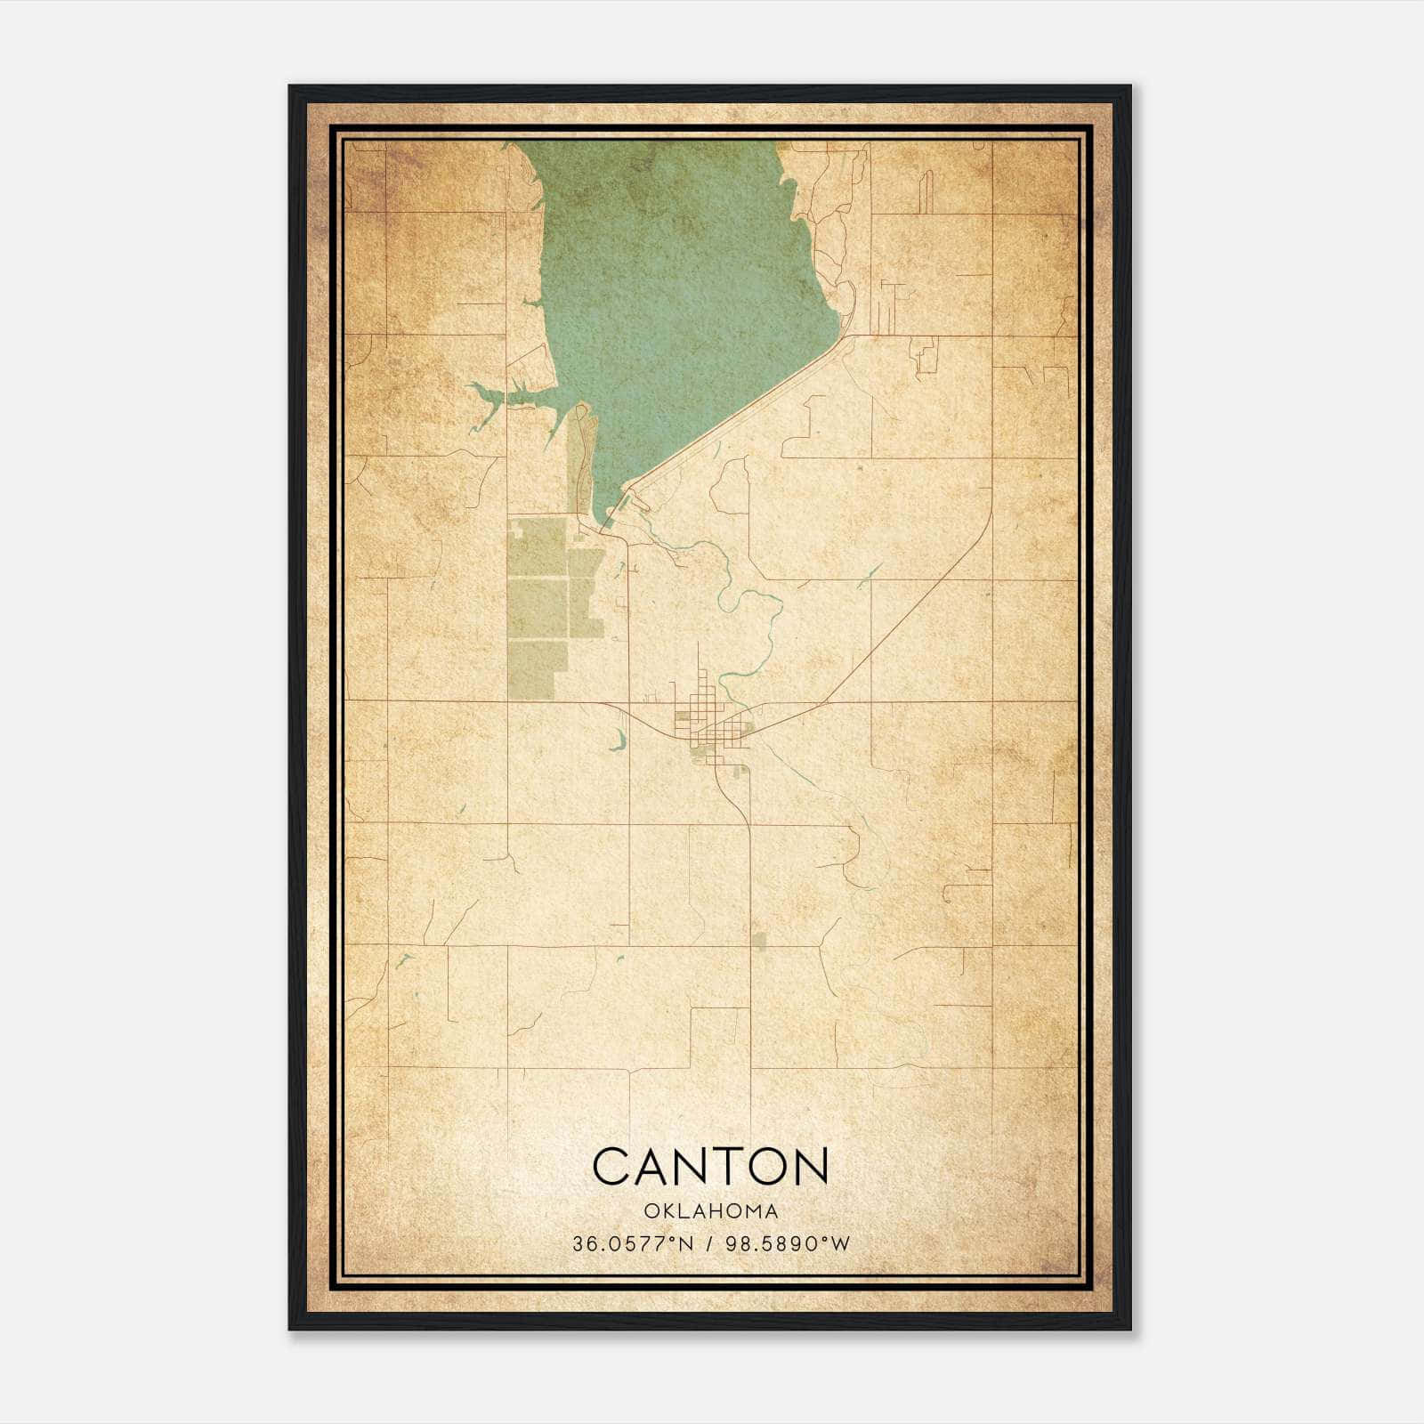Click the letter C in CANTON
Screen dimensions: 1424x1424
point(611,1166)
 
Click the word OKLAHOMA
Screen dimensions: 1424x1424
point(710,1211)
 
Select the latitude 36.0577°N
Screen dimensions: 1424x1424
point(631,1244)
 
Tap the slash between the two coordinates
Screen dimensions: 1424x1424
point(707,1244)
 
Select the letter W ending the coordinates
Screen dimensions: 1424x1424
point(841,1244)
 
